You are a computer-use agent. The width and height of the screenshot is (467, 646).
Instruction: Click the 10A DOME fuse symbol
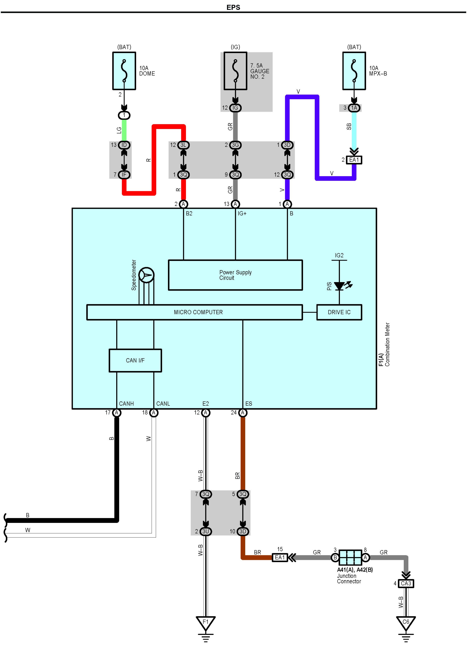[x=124, y=71]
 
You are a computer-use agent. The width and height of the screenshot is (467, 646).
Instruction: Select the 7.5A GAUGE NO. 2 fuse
[x=235, y=71]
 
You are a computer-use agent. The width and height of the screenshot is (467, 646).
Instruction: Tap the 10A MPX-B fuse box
[x=354, y=71]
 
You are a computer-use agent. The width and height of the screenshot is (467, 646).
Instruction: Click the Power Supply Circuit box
[x=235, y=275]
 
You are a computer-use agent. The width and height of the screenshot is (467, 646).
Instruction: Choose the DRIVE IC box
[x=339, y=312]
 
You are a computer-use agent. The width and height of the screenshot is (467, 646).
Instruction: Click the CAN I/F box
[x=135, y=360]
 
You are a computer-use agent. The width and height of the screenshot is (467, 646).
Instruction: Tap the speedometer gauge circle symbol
[x=146, y=275]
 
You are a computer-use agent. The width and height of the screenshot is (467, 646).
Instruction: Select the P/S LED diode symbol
[x=339, y=286]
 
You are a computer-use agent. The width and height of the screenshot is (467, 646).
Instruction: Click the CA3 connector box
[x=406, y=583]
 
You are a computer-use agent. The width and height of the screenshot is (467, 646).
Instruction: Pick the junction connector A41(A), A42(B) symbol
[x=350, y=557]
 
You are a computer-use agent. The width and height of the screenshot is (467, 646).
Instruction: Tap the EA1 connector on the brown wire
[x=280, y=557]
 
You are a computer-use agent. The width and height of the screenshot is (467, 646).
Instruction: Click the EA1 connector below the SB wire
[x=354, y=160]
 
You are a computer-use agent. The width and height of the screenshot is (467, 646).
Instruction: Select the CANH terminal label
[x=126, y=404]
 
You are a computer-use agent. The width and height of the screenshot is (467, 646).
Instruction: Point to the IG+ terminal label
[x=242, y=213]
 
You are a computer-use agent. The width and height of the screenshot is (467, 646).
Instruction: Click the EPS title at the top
[x=233, y=7]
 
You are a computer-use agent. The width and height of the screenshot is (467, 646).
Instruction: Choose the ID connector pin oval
[x=124, y=145]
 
